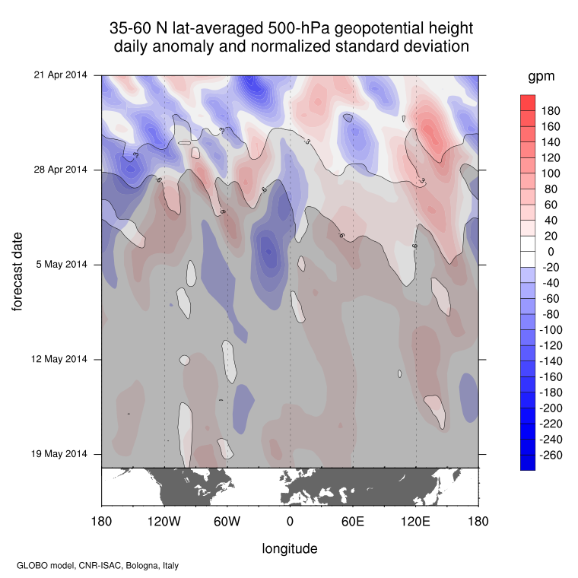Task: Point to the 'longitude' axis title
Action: point(290,548)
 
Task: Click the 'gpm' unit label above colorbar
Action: point(541,77)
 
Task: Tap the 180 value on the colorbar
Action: point(551,111)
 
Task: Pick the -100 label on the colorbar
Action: point(551,329)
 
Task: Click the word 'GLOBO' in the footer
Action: point(33,566)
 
